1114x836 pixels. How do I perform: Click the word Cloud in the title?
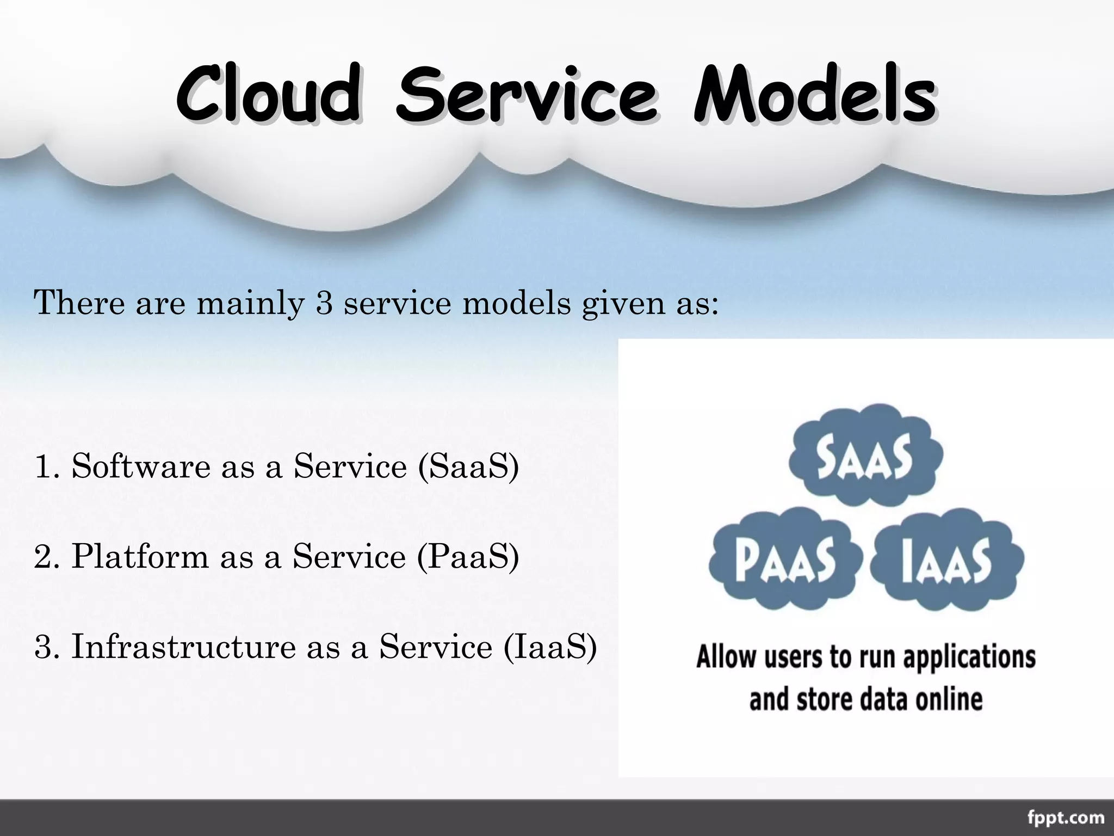(x=268, y=94)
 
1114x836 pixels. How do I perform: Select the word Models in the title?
(x=815, y=94)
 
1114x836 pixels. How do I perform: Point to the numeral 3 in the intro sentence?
(x=324, y=303)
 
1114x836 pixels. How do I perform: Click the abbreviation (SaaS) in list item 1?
(x=468, y=467)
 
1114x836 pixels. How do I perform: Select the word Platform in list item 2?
(x=140, y=557)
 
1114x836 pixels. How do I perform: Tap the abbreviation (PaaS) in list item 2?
(x=468, y=557)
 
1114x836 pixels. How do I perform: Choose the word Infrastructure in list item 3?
(x=183, y=647)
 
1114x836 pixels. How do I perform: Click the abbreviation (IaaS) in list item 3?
(x=550, y=648)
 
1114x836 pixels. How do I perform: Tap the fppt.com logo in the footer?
(x=1066, y=817)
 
